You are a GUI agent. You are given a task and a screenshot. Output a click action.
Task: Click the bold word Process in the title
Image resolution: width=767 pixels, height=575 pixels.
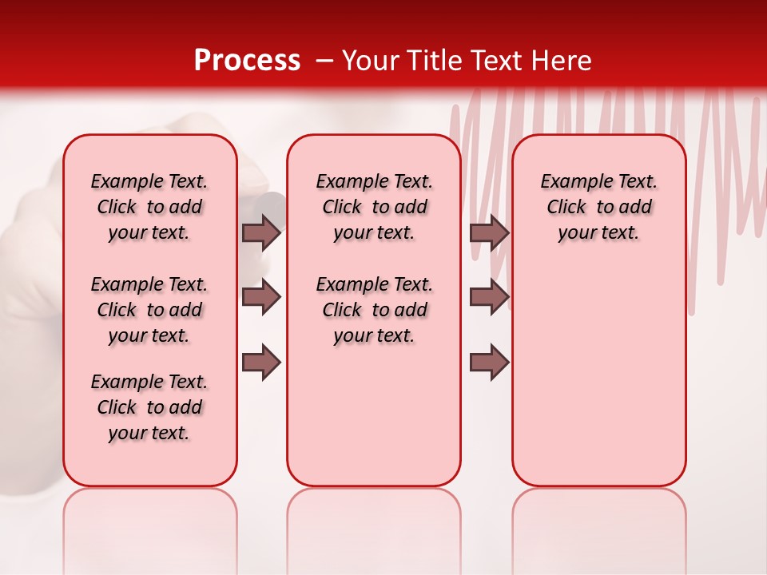[x=247, y=61]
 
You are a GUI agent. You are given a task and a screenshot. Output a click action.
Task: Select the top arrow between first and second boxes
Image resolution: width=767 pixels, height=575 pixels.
[x=261, y=232]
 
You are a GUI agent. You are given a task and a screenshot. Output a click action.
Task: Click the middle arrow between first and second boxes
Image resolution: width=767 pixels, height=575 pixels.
[x=261, y=297]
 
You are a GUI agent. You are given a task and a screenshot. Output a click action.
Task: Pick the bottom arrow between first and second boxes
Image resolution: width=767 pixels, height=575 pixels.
[x=261, y=363]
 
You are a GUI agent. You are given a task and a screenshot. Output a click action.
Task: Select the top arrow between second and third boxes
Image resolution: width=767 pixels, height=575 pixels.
[x=489, y=232]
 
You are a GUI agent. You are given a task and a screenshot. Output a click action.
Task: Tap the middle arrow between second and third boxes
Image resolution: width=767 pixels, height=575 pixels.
[x=489, y=297]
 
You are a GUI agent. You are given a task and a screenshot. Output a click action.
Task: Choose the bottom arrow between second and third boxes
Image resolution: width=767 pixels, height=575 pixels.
[x=489, y=363]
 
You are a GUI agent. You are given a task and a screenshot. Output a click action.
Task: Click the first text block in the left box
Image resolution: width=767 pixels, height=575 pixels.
[x=149, y=207]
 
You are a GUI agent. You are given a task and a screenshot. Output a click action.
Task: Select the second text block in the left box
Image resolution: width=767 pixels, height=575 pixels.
[x=149, y=310]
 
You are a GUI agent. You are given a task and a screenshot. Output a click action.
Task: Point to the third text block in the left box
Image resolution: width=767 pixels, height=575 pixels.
[x=149, y=407]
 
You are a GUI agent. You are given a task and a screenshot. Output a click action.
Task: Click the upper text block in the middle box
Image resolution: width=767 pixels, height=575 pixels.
[x=375, y=207]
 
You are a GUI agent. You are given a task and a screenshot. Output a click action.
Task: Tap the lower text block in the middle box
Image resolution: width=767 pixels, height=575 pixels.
[x=375, y=310]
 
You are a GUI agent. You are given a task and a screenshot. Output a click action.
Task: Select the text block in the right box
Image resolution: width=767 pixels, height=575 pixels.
[x=599, y=207]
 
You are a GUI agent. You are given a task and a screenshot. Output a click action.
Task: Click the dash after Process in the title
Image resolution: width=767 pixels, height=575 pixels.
[x=324, y=61]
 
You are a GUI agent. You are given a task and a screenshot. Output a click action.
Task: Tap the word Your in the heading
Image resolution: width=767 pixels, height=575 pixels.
[x=372, y=61]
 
